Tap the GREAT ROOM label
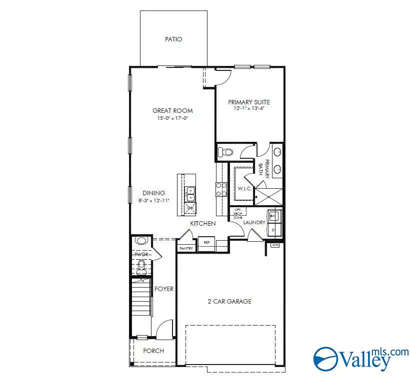click(172, 111)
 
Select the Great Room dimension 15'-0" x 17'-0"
click(172, 118)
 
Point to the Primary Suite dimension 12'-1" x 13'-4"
click(248, 108)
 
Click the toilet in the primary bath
click(226, 152)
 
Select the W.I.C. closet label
click(244, 188)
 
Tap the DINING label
click(153, 193)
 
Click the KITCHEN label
click(202, 223)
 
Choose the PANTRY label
click(186, 248)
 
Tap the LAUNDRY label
click(254, 222)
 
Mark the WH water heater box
click(274, 245)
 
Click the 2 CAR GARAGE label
click(229, 301)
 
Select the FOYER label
click(163, 289)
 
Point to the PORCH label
click(153, 351)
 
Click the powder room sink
click(141, 241)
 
